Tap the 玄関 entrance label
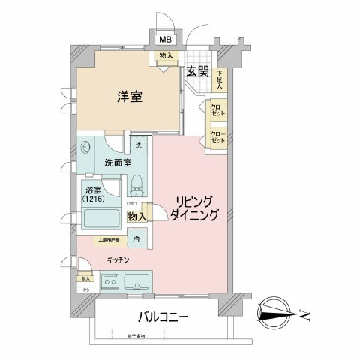point(199,72)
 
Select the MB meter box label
point(163,40)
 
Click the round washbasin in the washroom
point(85,149)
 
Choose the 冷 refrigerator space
point(136,239)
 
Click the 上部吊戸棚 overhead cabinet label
point(109,241)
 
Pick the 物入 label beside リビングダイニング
point(136,216)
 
